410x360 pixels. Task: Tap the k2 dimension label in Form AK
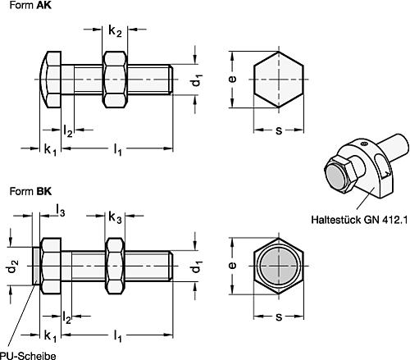point(116,32)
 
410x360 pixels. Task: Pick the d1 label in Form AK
point(196,81)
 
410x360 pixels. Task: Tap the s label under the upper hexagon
point(279,130)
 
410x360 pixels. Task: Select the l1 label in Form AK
point(118,150)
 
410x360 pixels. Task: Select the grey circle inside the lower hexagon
point(279,265)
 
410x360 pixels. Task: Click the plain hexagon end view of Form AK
point(279,80)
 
